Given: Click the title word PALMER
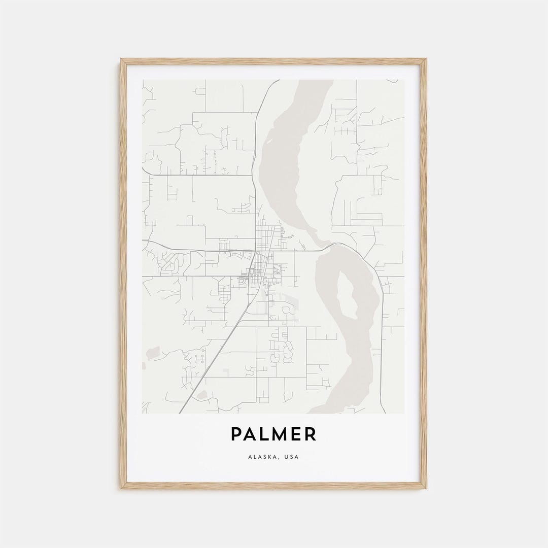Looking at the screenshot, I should (273, 434).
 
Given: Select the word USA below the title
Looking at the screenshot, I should (292, 457).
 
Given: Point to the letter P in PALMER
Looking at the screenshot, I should (236, 434).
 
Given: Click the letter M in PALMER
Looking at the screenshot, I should (278, 434).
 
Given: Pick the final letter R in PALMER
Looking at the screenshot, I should (311, 434).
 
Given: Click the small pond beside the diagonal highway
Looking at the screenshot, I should (201, 394).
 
